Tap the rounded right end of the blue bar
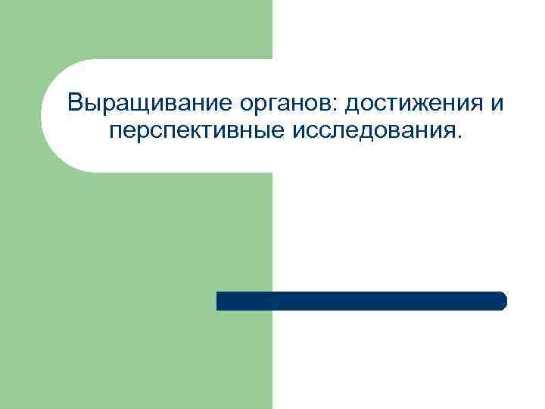pyautogui.click(x=502, y=301)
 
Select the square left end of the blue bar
pyautogui.click(x=220, y=301)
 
